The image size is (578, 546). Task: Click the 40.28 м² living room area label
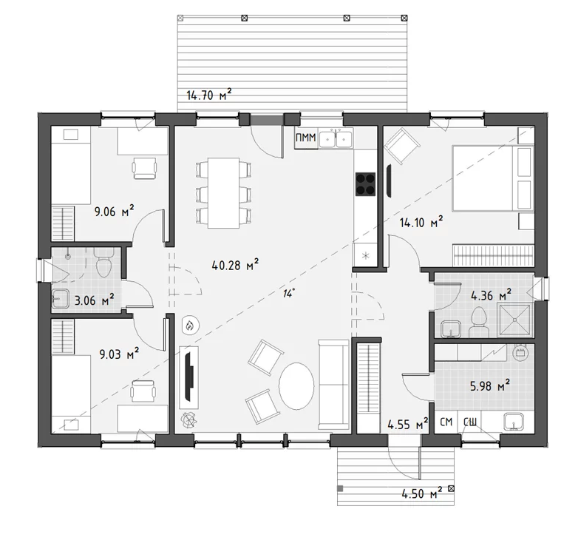[235, 265]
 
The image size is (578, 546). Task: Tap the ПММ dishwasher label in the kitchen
[306, 138]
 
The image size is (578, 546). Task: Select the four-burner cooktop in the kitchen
[365, 184]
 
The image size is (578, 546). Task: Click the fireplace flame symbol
[190, 326]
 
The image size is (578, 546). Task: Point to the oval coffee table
[296, 386]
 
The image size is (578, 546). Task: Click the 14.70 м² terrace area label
[209, 95]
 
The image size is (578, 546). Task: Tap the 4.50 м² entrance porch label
[422, 493]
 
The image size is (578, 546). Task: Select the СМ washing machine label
[446, 422]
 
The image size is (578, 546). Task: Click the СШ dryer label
[469, 422]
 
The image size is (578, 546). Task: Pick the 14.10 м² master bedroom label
[421, 222]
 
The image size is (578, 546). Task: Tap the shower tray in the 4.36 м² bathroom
[515, 320]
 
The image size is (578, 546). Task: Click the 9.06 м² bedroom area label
[115, 212]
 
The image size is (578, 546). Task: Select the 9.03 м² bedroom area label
[119, 354]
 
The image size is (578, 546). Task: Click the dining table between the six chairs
[224, 193]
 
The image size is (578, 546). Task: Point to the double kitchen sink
[336, 138]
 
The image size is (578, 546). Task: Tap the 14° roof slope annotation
[289, 294]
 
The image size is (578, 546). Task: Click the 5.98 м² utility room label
[490, 386]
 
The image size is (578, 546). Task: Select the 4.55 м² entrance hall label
[408, 424]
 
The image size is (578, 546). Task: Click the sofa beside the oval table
[333, 385]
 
